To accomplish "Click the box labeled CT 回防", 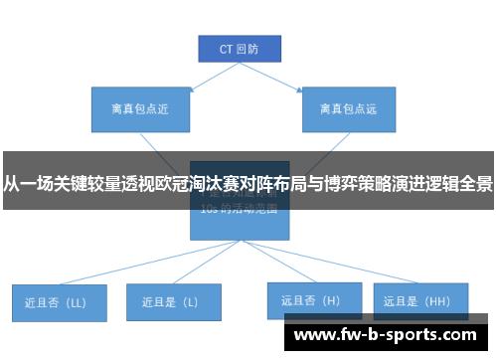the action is coord(239,48).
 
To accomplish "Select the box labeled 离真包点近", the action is coord(131,109).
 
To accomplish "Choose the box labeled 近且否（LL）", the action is coord(58,301).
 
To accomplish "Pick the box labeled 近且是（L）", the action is coord(173,301).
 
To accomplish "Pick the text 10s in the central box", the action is coord(209,210).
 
